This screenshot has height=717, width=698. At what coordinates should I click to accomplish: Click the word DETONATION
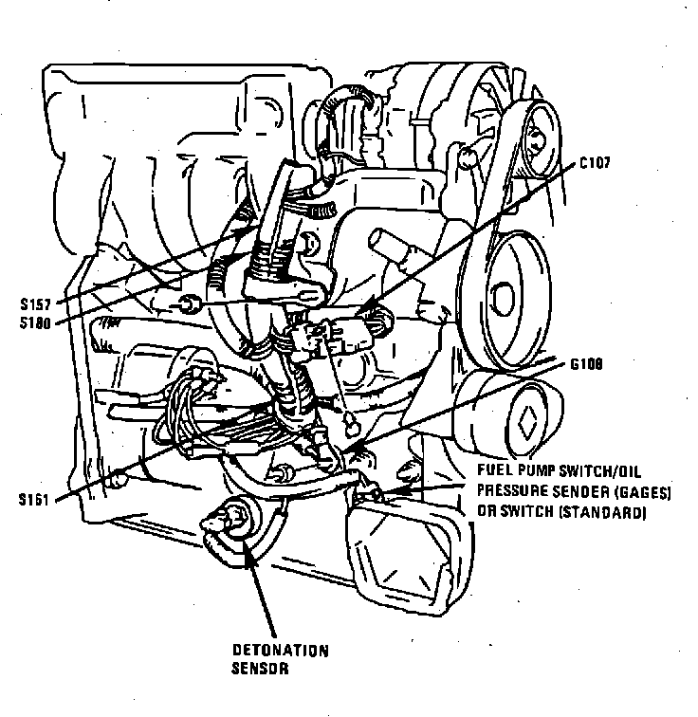281,651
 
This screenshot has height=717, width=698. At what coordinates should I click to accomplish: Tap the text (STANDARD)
610,512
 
